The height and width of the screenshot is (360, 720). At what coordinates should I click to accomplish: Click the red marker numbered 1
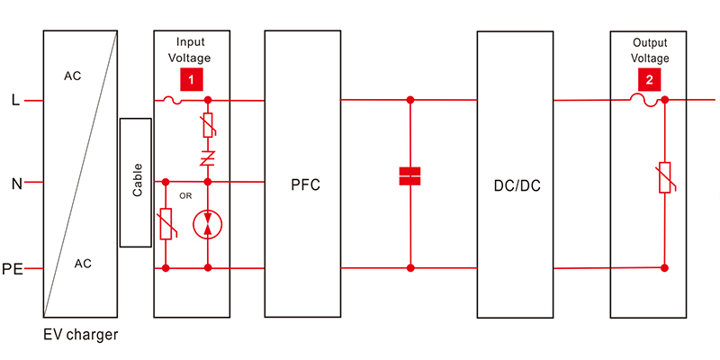click(x=191, y=79)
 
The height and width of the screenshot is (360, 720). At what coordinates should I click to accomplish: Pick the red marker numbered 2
click(x=647, y=79)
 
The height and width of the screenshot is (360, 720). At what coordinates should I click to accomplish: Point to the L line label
click(x=14, y=99)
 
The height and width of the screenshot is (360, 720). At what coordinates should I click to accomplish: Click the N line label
click(x=16, y=184)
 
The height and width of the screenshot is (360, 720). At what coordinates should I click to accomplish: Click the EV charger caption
click(x=81, y=335)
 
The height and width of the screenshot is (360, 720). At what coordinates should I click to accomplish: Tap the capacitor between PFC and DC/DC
click(x=410, y=176)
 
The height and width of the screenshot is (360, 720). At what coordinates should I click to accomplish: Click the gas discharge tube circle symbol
click(x=208, y=223)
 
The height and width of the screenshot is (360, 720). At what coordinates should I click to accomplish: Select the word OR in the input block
click(x=186, y=193)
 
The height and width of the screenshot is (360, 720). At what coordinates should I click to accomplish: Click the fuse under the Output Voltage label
click(x=648, y=101)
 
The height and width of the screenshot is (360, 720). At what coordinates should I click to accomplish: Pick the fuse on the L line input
click(x=172, y=101)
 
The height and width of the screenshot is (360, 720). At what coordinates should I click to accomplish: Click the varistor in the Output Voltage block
click(x=664, y=178)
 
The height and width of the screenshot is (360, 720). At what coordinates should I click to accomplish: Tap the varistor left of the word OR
click(x=166, y=224)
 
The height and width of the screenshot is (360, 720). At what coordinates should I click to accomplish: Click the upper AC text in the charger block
click(x=72, y=76)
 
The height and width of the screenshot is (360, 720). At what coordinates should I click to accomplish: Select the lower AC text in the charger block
click(x=83, y=264)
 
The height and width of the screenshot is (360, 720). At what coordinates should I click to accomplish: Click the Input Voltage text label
click(x=191, y=49)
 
